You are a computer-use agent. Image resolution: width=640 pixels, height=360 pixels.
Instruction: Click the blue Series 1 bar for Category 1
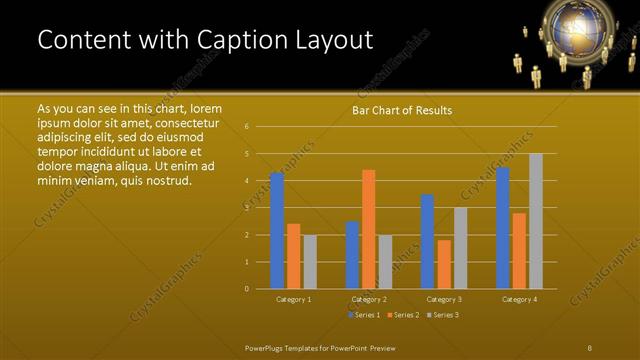[x=277, y=231]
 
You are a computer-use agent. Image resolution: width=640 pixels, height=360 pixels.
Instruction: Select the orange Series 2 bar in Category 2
[x=368, y=229]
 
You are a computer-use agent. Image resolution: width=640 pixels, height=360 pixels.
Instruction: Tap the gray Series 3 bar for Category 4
[x=536, y=221]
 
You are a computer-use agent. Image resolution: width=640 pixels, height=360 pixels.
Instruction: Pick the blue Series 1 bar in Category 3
[x=427, y=241]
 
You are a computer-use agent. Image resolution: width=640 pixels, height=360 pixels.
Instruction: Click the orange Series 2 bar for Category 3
[x=444, y=264]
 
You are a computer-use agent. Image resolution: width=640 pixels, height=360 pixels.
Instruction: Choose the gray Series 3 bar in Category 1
[x=310, y=262]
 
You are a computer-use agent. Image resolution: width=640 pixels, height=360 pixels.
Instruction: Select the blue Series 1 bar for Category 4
[x=503, y=228]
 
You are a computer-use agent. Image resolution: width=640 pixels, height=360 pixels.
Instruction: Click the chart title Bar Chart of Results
[x=402, y=110]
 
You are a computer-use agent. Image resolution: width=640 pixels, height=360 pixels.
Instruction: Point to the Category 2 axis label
[x=368, y=299]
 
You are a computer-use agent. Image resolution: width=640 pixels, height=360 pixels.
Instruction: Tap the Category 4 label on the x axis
[x=519, y=299]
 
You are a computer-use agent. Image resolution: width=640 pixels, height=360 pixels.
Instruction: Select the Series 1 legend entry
[x=363, y=315]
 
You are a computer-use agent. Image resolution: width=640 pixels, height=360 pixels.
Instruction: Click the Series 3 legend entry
[x=443, y=315]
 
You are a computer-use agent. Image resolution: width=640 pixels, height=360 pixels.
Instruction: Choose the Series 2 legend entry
[x=403, y=315]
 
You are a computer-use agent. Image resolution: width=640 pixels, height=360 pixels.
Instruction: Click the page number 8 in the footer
[x=590, y=347]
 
